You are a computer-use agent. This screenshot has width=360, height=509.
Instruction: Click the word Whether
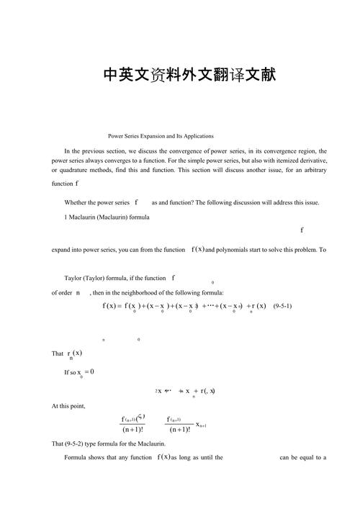point(78,202)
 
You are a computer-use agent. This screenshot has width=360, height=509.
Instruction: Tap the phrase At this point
point(68,406)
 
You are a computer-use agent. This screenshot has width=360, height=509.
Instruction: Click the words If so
point(71,372)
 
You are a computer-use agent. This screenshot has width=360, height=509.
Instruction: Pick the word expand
point(62,250)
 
